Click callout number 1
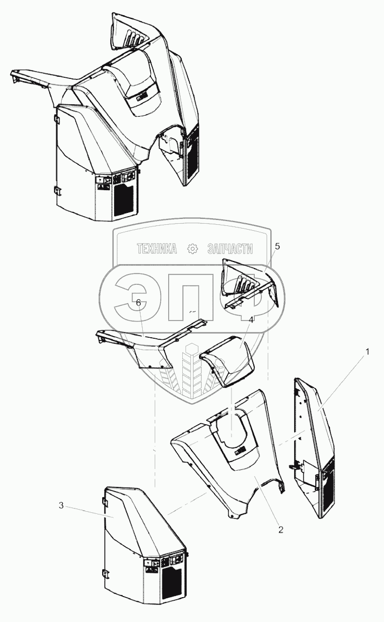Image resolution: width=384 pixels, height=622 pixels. click(368, 352)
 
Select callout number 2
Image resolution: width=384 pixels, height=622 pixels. click(281, 529)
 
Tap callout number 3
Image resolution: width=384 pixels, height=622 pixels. click(61, 506)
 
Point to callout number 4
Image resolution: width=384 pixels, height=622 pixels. click(251, 320)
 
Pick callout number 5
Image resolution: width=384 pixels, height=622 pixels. click(277, 246)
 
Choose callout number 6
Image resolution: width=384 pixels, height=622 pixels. click(138, 303)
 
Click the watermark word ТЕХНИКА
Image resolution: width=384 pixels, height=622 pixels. click(156, 249)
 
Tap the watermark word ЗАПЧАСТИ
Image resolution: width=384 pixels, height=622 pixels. click(230, 249)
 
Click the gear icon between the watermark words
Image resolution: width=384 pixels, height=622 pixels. click(191, 249)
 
